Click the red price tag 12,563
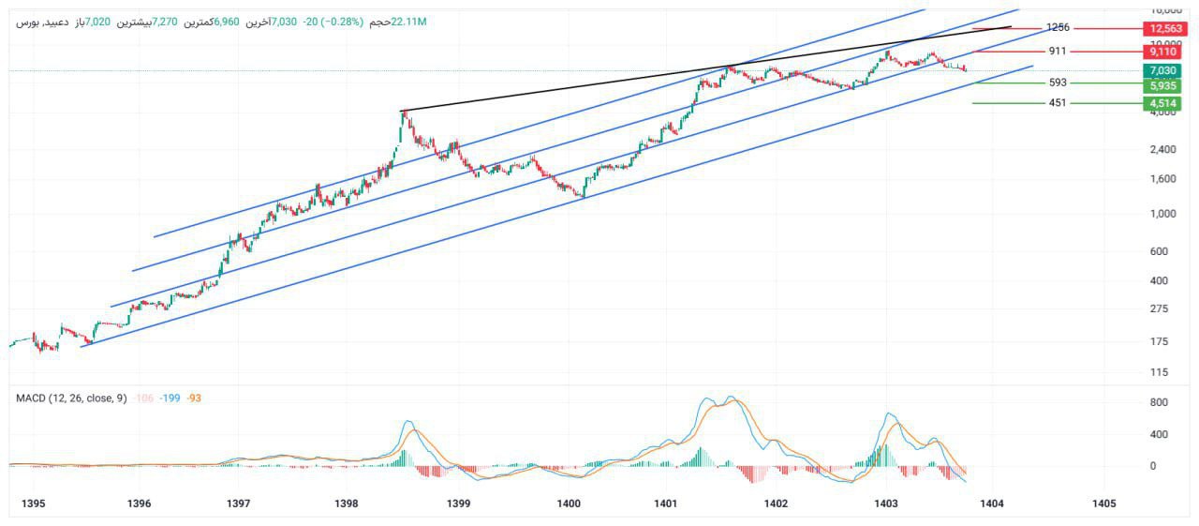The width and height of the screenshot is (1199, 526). [1162, 28]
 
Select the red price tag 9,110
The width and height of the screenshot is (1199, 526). [1162, 52]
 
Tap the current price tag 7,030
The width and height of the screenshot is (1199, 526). [1162, 70]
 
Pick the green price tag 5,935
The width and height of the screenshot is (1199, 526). [1162, 85]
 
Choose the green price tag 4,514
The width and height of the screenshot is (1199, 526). [1162, 103]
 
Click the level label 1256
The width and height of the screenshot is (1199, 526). [1058, 28]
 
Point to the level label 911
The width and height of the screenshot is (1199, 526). [1058, 52]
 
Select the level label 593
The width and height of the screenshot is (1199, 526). [1058, 83]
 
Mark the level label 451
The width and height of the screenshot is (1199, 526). [1058, 103]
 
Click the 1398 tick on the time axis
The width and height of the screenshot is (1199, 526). [347, 504]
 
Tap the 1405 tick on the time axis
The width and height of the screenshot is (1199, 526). [1104, 504]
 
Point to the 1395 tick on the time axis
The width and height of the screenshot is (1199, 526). [33, 504]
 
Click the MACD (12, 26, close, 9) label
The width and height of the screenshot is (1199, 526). [71, 398]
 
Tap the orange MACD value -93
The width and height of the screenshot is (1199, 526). [193, 398]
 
